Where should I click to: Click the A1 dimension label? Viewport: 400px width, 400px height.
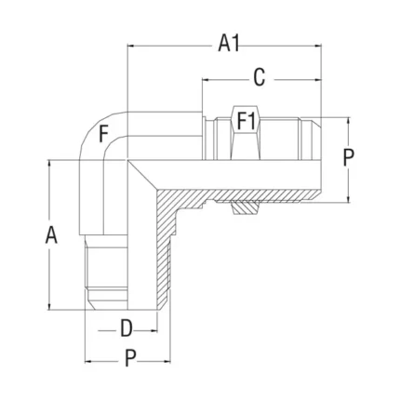pos(229,44)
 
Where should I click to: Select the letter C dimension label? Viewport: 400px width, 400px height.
pos(259,77)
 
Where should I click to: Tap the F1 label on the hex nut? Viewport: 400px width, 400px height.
pos(247,121)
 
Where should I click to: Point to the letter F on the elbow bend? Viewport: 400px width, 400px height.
pos(104,134)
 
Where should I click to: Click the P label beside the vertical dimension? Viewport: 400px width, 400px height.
pos(349,157)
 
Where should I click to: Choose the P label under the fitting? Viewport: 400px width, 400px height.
pos(130,358)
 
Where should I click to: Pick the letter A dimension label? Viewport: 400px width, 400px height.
pos(51,235)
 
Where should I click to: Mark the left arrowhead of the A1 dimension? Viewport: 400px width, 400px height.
pos(131,47)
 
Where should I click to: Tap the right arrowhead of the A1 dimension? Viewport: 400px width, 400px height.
pos(318,47)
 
